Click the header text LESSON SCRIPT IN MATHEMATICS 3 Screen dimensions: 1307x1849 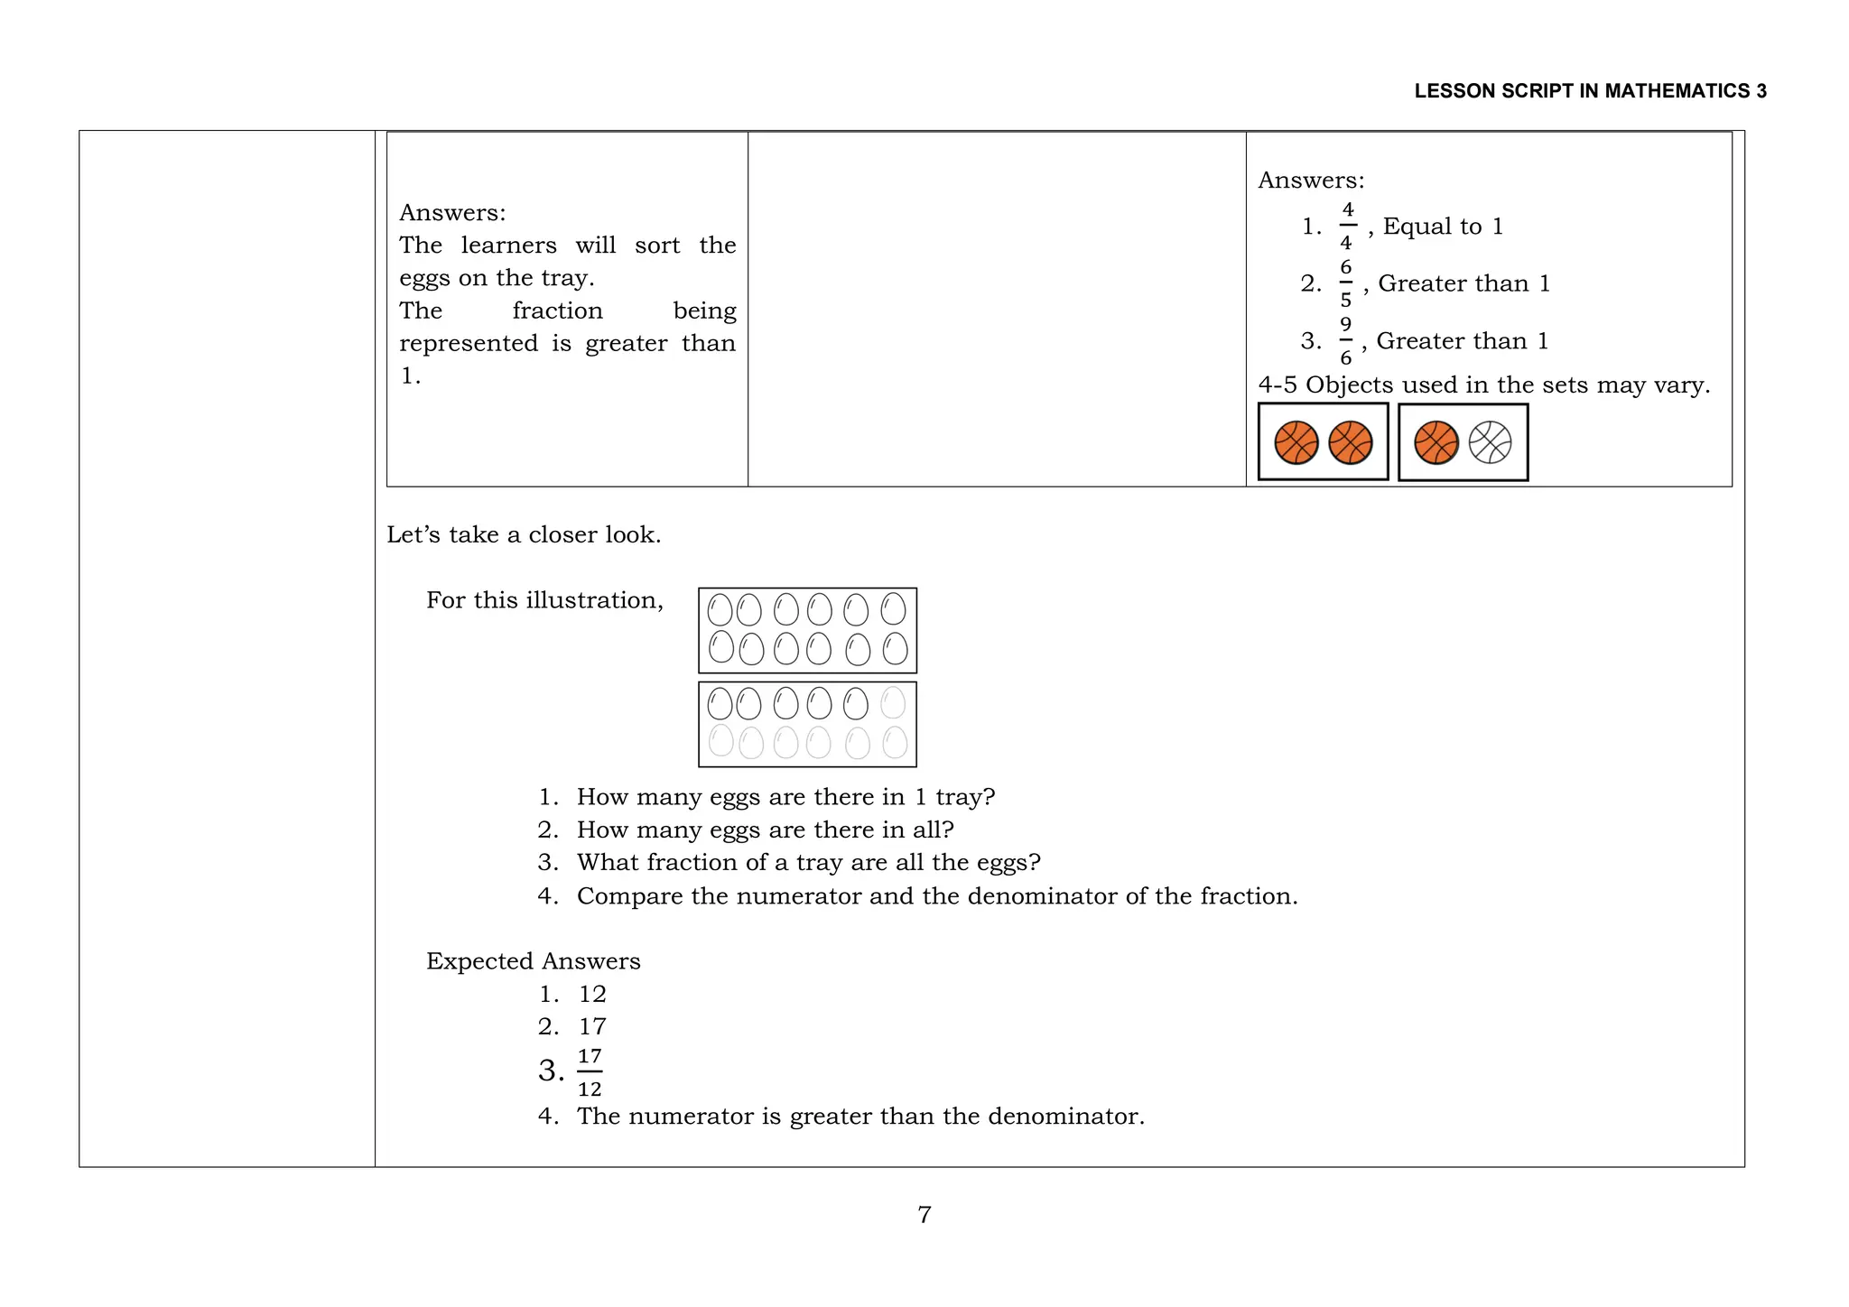tap(1590, 91)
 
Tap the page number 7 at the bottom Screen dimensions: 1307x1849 tap(924, 1214)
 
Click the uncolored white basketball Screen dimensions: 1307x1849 tap(1490, 443)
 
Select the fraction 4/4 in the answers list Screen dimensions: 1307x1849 tap(1346, 227)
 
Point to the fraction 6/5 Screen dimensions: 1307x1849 tap(1345, 283)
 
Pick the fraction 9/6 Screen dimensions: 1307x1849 tap(1345, 341)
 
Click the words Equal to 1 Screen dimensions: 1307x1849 tap(1443, 227)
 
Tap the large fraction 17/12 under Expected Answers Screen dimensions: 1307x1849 tap(590, 1072)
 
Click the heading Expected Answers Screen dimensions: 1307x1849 tap(533, 961)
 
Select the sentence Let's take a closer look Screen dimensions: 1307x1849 tap(524, 535)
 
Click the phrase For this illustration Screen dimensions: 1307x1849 tap(544, 600)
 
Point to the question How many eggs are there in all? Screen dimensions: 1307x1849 tap(765, 830)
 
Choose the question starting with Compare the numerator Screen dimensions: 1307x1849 tap(936, 896)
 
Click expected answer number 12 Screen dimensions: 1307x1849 tap(592, 994)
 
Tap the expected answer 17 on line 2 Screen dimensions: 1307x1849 tap(592, 1026)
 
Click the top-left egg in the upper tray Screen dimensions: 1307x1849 tap(720, 609)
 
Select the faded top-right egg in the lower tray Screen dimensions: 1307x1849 tap(892, 702)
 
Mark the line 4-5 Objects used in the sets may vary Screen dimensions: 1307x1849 tap(1483, 385)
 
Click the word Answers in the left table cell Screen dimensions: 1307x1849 tap(451, 213)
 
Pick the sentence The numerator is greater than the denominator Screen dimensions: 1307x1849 tap(860, 1117)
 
